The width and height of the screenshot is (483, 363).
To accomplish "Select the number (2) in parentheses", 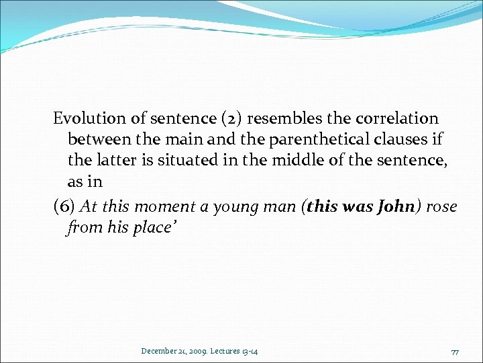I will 234,119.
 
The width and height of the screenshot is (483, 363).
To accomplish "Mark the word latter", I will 118,162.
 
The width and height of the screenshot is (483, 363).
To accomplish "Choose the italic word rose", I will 441,207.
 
